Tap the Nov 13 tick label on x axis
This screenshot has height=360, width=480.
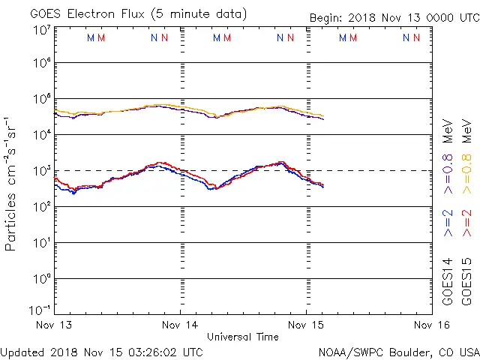pos(54,325)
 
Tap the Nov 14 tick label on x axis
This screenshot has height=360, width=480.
pos(181,325)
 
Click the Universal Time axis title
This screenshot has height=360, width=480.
pos(243,337)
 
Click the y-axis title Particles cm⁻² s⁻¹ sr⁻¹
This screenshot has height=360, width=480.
pos(12,184)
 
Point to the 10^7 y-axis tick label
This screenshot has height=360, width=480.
pos(40,31)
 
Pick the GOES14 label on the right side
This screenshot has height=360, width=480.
pos(448,281)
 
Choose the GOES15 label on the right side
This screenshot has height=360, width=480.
pos(468,281)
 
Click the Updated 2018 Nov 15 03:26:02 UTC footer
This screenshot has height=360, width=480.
pos(101,351)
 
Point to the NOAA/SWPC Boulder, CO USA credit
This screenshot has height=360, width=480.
pos(398,351)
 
